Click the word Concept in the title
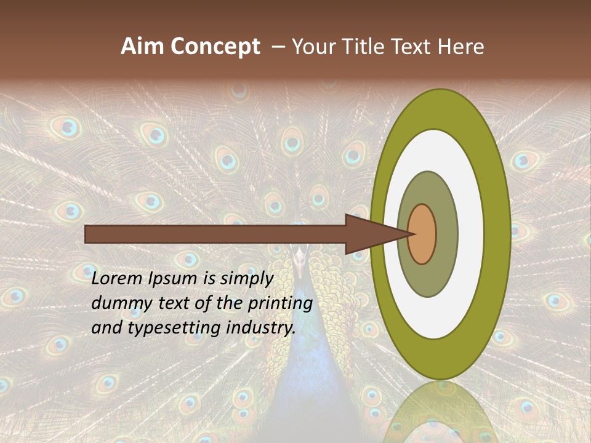click(x=215, y=47)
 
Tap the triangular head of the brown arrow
click(x=369, y=234)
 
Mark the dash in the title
click(x=278, y=47)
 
